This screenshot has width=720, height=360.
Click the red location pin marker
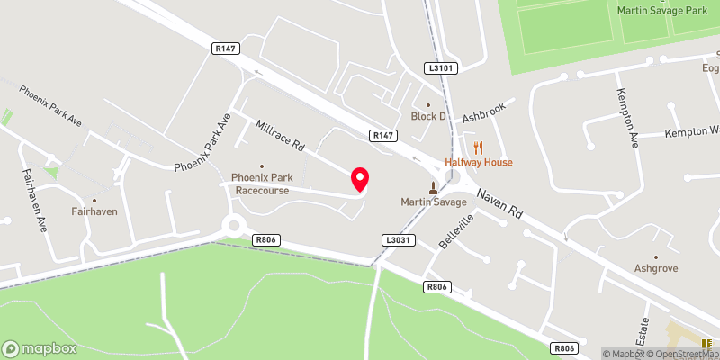click(x=360, y=179)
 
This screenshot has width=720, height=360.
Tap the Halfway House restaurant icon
click(x=478, y=148)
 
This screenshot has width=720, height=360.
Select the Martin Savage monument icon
click(x=434, y=188)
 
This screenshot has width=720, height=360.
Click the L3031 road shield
click(x=396, y=240)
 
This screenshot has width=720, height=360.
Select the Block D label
click(x=428, y=116)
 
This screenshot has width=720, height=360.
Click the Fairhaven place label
click(x=95, y=212)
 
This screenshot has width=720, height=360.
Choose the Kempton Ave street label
click(x=627, y=117)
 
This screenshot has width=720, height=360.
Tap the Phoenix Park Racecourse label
click(x=263, y=184)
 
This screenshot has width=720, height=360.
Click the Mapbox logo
click(x=40, y=348)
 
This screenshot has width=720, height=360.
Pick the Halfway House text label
click(x=478, y=162)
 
